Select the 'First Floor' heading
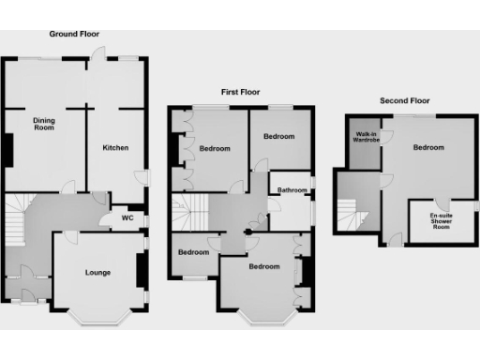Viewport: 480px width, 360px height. click(240, 92)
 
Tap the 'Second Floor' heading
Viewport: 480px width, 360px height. click(404, 99)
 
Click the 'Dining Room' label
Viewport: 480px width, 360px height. click(44, 125)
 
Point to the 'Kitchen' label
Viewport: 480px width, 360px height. click(114, 148)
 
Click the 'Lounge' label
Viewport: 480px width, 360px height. click(97, 273)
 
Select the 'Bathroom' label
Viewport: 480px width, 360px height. click(292, 190)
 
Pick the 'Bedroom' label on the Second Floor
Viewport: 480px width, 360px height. click(428, 148)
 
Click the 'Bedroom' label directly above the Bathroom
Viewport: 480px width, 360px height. click(278, 137)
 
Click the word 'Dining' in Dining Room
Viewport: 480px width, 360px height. click(44, 120)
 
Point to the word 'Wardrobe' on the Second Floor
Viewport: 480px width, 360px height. click(367, 142)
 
